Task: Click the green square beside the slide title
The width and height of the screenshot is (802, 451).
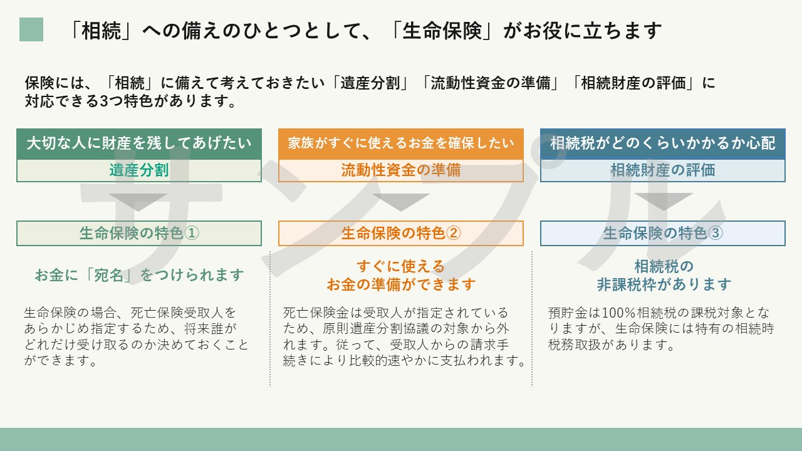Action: [x=31, y=29]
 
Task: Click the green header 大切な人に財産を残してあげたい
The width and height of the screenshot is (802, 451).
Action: [x=139, y=144]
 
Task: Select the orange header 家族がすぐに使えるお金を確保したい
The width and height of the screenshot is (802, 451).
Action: [x=401, y=144]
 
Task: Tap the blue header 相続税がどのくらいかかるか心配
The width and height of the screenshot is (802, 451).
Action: [x=663, y=144]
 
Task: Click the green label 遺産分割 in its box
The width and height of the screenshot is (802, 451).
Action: [x=139, y=170]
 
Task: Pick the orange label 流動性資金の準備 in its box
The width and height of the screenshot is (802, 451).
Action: [x=401, y=170]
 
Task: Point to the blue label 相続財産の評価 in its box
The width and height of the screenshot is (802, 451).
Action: [x=663, y=170]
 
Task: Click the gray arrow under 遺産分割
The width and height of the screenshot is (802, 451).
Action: [x=138, y=201]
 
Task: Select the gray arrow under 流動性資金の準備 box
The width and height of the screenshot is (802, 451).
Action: [x=400, y=201]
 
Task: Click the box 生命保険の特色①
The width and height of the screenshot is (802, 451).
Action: [x=139, y=234]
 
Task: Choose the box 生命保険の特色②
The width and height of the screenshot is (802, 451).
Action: [x=401, y=234]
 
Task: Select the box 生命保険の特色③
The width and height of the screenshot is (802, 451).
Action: [x=663, y=234]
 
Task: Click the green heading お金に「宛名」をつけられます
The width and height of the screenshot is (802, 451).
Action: [x=139, y=275]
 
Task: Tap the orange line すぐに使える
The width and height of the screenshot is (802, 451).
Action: [x=400, y=266]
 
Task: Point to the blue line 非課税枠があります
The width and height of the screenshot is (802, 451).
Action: [x=664, y=284]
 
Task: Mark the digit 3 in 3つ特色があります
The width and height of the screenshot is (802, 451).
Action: [x=104, y=101]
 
